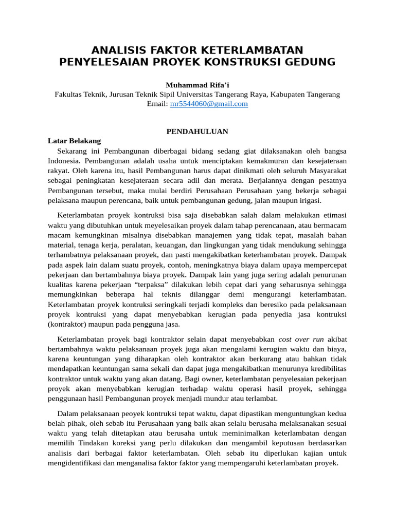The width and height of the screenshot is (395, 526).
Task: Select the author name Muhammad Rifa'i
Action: tap(197, 85)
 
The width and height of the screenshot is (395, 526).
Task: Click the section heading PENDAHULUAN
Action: tap(197, 131)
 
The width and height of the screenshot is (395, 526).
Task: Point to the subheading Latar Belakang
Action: tap(74, 141)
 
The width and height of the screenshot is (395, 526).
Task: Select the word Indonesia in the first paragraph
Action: tap(64, 160)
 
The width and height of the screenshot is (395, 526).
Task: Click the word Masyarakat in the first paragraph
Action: tap(325, 170)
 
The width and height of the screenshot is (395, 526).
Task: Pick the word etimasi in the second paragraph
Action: tap(333, 215)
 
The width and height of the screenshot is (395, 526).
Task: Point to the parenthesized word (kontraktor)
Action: tap(70, 324)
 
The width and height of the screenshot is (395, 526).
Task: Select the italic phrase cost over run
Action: tap(302, 340)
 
